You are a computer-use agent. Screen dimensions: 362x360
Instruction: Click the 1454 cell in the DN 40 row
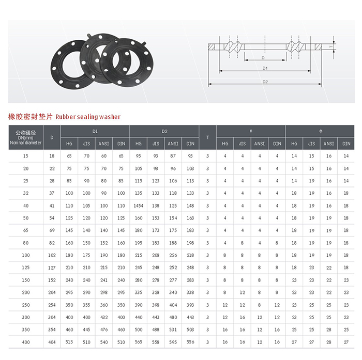pyautogui.click(x=139, y=206)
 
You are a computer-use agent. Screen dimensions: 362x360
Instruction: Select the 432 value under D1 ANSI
pyautogui.click(x=104, y=317)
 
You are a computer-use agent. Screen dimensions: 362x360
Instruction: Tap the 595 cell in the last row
pyautogui.click(x=173, y=342)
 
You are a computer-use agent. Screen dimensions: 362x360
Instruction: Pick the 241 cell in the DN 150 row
pyautogui.click(x=104, y=280)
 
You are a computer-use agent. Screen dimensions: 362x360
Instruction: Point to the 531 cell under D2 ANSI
pyautogui.click(x=173, y=330)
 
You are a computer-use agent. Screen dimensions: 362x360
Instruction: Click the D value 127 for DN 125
pyautogui.click(x=52, y=268)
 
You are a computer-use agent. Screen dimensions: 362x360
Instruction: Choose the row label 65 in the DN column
pyautogui.click(x=26, y=230)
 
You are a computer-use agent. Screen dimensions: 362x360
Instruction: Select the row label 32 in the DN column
pyautogui.click(x=26, y=193)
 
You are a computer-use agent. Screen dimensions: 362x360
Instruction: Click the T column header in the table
pyautogui.click(x=207, y=137)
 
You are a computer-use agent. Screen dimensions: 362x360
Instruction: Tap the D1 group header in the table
pyautogui.click(x=95, y=132)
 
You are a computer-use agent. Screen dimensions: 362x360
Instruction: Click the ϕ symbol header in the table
pyautogui.click(x=321, y=131)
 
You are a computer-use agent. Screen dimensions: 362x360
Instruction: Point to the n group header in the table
pyautogui.click(x=251, y=131)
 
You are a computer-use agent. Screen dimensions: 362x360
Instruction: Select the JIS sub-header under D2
pyautogui.click(x=156, y=144)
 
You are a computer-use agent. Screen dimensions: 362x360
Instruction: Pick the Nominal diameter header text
pyautogui.click(x=26, y=143)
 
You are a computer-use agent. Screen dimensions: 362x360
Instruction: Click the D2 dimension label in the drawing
pyautogui.click(x=265, y=82)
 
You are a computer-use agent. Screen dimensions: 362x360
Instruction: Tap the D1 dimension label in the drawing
pyautogui.click(x=265, y=68)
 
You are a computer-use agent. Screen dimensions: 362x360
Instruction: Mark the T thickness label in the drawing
pyautogui.click(x=331, y=47)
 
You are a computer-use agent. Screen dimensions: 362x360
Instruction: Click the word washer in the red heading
pyautogui.click(x=110, y=117)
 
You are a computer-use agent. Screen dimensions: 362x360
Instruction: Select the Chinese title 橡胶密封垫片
pyautogui.click(x=31, y=117)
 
